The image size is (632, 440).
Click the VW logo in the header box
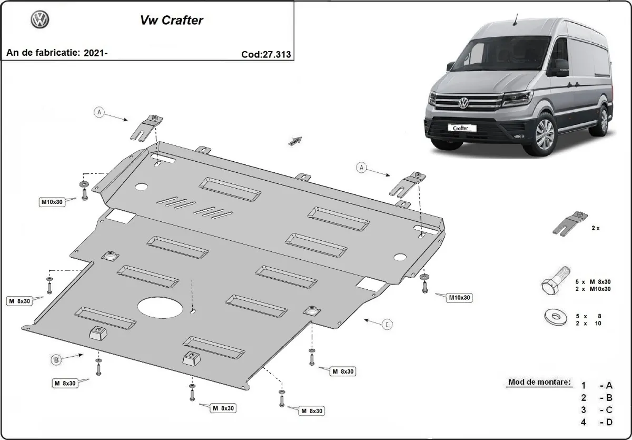[40, 20]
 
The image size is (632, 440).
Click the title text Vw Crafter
[171, 21]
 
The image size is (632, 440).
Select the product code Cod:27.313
[266, 54]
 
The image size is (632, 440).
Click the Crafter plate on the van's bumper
[461, 128]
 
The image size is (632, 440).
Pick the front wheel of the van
[544, 134]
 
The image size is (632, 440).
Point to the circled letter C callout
[387, 324]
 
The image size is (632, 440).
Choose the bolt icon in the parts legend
[555, 281]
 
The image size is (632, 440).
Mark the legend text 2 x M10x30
[593, 289]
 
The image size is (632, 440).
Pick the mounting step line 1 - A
[597, 386]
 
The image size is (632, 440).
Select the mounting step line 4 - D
[597, 422]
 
